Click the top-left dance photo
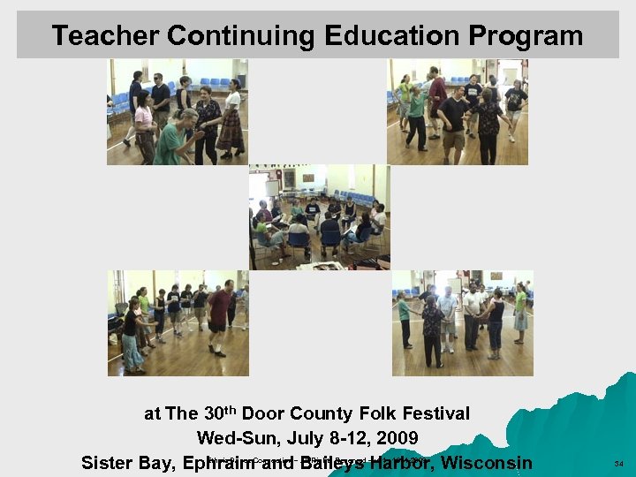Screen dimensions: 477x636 point(177,112)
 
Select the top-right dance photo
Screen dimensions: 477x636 point(457,112)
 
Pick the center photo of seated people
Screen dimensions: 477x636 point(318,216)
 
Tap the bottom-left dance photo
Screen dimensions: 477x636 point(178,323)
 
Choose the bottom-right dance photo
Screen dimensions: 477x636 point(462,323)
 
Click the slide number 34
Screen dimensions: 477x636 point(618,463)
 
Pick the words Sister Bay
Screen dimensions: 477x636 point(126,463)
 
